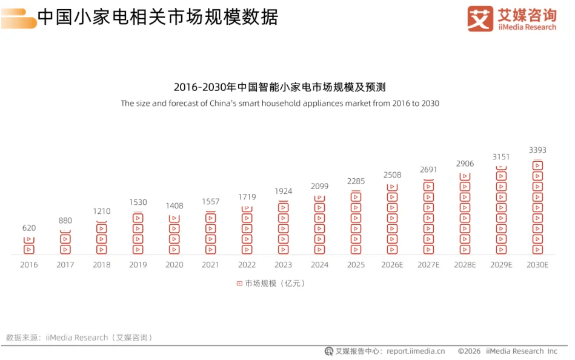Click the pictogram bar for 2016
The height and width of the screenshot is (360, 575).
tap(29, 245)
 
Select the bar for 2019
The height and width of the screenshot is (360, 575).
tap(138, 233)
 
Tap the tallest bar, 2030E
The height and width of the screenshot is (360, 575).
tap(537, 207)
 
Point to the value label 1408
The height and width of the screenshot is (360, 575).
tap(174, 206)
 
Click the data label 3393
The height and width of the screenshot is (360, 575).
tap(537, 150)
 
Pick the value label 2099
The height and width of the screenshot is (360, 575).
tap(319, 187)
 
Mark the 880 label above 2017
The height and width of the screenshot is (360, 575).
tap(65, 221)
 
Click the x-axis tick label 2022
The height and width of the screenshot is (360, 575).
tap(247, 265)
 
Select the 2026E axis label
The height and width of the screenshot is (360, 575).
tap(392, 265)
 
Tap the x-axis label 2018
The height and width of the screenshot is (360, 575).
tap(102, 265)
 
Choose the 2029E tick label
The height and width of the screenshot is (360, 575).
tap(501, 265)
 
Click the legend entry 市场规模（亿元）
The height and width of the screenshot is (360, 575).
tap(271, 283)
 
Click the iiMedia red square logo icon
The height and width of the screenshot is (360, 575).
tap(480, 19)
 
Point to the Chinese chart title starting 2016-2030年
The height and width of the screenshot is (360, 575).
tap(279, 87)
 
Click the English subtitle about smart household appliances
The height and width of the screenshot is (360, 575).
tap(280, 104)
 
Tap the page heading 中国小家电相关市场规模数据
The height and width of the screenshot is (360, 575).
tap(158, 17)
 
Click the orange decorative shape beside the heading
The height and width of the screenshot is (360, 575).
tap(19, 19)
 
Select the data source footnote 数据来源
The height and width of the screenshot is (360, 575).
tap(79, 338)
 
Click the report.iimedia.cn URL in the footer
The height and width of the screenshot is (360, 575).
tap(416, 351)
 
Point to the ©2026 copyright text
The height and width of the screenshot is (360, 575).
tap(469, 351)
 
